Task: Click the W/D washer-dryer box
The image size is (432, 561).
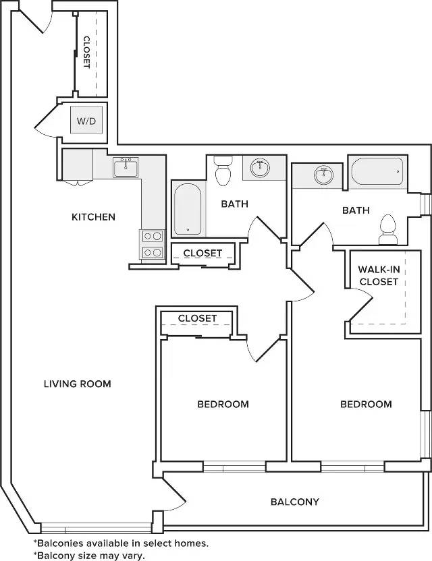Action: (86, 120)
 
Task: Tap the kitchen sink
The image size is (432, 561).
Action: (126, 167)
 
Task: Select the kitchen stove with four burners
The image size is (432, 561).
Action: (153, 244)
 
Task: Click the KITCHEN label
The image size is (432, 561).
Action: (94, 217)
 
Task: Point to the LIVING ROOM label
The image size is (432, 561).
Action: (78, 384)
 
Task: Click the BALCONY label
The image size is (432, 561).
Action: (295, 502)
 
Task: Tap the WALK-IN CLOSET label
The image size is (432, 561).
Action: (379, 276)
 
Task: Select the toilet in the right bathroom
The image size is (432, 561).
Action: (388, 229)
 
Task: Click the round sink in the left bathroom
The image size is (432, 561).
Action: (260, 167)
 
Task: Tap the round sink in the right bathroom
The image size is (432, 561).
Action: (323, 175)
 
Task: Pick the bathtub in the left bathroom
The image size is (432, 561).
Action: (188, 209)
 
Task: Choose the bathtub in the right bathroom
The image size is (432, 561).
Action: (377, 171)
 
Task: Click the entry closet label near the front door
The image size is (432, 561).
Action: (86, 52)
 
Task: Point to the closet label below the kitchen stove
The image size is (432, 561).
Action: (202, 253)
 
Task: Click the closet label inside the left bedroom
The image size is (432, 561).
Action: (197, 318)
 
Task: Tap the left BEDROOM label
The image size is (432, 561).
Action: (223, 405)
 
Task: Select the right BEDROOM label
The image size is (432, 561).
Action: (366, 405)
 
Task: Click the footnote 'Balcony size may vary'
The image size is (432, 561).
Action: (89, 556)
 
